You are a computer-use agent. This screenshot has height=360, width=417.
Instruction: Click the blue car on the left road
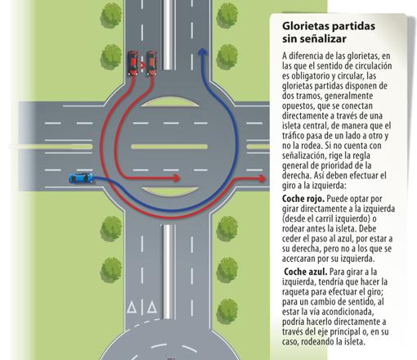81,178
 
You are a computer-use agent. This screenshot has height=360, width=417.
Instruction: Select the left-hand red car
132,63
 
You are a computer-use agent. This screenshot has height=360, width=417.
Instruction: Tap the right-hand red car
151,63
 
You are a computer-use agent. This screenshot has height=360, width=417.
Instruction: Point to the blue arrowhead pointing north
202,52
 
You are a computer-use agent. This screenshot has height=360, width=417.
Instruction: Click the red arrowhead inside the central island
177,178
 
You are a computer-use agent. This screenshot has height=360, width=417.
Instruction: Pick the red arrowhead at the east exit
262,178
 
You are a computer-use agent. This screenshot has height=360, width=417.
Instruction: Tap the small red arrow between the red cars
142,65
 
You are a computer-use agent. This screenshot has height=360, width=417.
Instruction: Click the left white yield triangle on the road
132,307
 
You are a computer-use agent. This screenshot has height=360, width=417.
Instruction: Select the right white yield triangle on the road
152,307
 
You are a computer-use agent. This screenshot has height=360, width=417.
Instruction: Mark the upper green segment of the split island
169,102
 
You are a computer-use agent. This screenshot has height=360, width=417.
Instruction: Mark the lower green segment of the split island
170,191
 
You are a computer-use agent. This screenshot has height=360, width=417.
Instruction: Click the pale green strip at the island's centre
169,146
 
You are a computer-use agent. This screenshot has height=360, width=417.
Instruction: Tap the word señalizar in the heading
322,38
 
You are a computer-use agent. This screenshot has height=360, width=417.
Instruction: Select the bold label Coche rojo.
303,199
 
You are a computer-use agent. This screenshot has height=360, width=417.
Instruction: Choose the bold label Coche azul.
306,272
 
